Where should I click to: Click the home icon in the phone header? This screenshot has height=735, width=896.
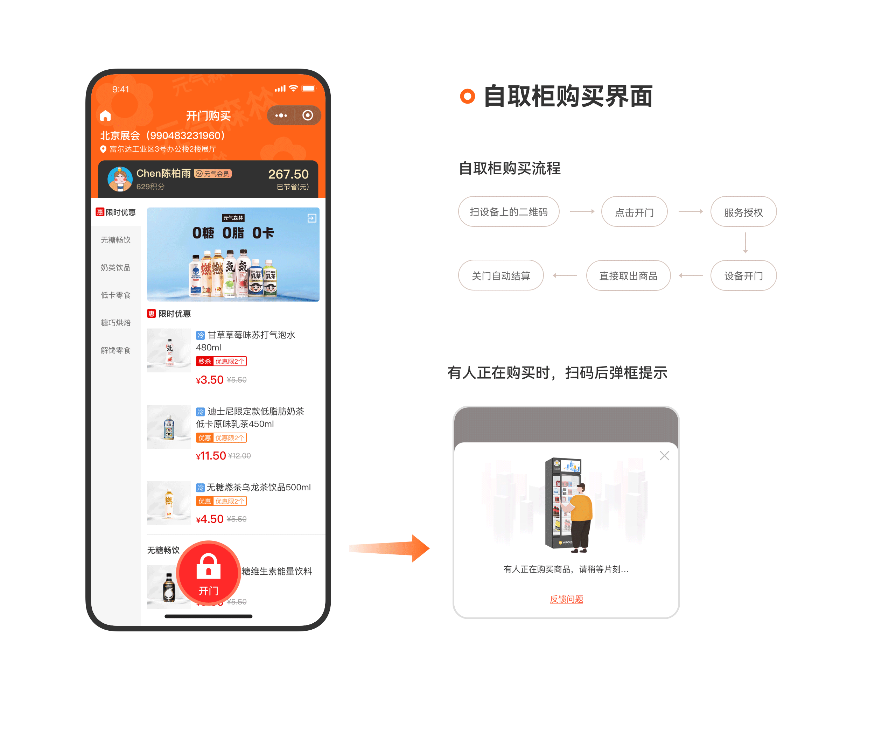105,115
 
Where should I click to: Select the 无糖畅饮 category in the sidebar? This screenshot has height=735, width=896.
115,240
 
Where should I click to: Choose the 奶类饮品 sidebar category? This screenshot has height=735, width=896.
115,268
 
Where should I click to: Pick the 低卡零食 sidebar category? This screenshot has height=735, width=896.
115,295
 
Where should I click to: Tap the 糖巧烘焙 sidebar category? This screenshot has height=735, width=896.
115,323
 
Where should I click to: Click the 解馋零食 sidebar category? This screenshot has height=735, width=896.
115,350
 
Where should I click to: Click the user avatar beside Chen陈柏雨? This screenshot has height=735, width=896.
120,178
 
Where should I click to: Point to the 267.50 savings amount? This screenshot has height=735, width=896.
288,174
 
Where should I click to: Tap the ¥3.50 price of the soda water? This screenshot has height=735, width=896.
210,380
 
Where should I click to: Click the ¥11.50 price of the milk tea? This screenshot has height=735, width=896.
211,456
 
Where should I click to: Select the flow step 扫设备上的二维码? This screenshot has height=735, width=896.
509,212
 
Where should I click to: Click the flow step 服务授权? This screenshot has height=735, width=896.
743,212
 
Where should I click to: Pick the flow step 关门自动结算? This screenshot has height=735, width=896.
500,276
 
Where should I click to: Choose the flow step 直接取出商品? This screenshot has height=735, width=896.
628,276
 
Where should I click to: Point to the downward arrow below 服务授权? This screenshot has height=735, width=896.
745,243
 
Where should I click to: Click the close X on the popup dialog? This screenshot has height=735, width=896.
664,456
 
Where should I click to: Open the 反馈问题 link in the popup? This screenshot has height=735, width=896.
566,599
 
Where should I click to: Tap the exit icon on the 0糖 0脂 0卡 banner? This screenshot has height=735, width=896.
311,218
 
